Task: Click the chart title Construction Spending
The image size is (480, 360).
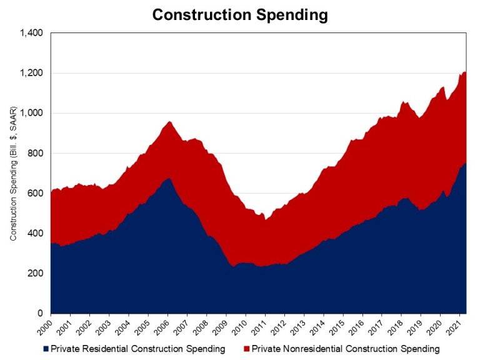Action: (x=240, y=15)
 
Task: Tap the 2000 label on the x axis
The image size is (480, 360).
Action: (x=47, y=325)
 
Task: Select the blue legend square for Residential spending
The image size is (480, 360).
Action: (x=46, y=348)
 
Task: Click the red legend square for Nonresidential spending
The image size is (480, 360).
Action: (x=246, y=348)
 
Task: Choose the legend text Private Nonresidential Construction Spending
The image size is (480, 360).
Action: (x=346, y=348)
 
